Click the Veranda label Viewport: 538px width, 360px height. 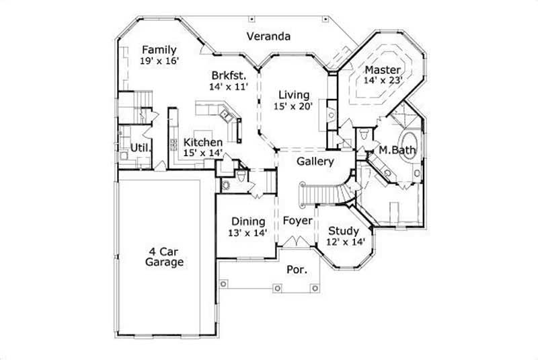pos(268,36)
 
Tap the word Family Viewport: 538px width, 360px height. pos(159,50)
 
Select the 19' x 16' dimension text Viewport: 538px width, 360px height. pos(159,61)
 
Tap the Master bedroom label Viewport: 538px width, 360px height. pos(383,70)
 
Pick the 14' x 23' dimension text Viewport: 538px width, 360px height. pos(383,81)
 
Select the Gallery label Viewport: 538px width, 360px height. pos(315,161)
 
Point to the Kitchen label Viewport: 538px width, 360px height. pos(203,142)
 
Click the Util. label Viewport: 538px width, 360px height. pos(140,147)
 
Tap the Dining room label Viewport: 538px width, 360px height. pos(249,221)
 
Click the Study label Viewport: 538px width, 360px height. pos(343,231)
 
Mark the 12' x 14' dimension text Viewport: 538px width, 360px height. pos(344,242)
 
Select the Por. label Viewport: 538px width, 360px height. pos(297,269)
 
